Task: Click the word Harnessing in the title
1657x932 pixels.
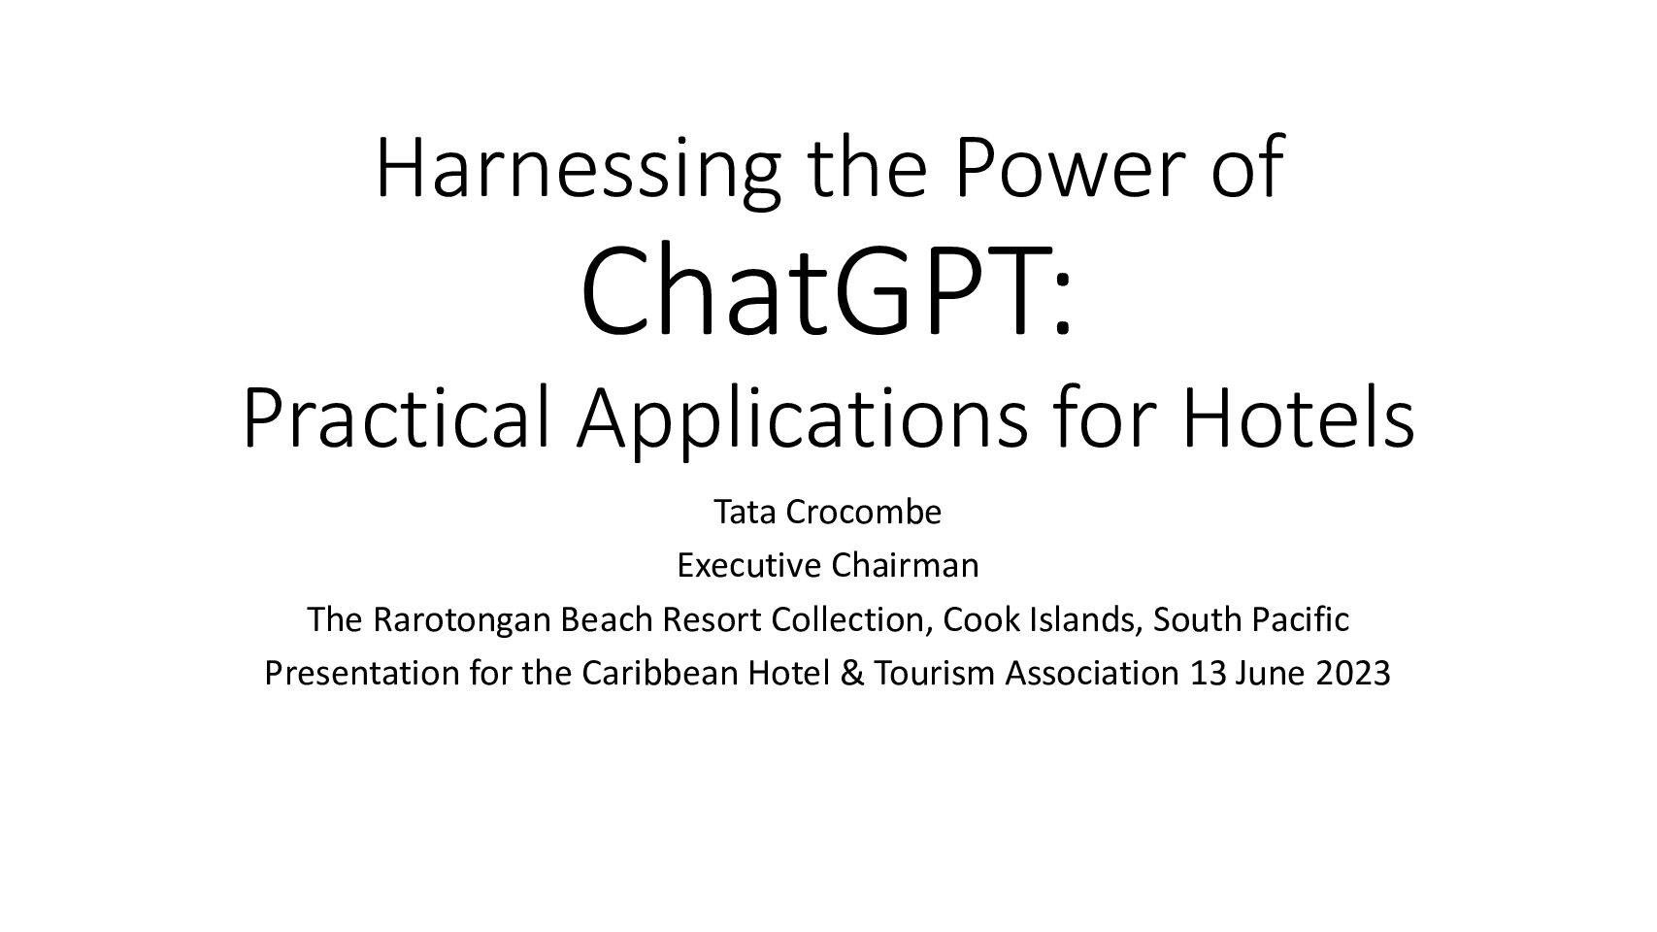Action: [578, 169]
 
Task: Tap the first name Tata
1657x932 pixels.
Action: [745, 512]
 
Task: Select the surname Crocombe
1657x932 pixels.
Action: [863, 512]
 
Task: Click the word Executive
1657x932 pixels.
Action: [748, 566]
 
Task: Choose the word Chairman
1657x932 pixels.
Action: [904, 566]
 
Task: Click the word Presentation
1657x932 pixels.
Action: [362, 674]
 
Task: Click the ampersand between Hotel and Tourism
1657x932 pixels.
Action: [852, 674]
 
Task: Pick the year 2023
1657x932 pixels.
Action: [1353, 674]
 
